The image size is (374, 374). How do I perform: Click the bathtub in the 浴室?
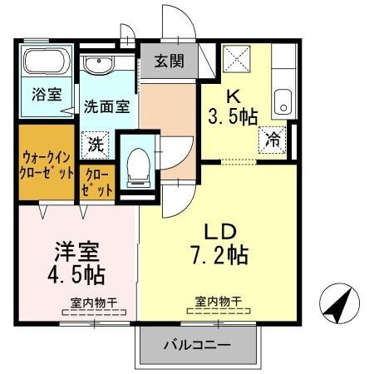tap(47, 62)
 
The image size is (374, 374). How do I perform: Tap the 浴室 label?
tap(47, 93)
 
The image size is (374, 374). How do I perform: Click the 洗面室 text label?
tap(106, 106)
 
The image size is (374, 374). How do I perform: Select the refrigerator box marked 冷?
tap(272, 140)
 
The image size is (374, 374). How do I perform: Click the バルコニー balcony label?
tap(196, 344)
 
